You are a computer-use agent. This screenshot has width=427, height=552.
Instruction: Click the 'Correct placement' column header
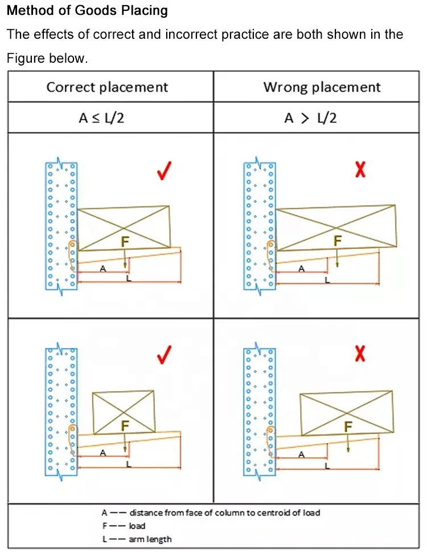(107, 87)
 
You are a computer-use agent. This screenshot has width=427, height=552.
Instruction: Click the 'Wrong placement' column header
(322, 87)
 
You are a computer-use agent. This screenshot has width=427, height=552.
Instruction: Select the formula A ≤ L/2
(101, 117)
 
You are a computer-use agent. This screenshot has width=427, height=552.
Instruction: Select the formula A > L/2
(311, 117)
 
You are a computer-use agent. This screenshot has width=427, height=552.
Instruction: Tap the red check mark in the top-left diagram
(164, 171)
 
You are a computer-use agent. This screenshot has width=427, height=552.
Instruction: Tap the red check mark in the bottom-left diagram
(164, 355)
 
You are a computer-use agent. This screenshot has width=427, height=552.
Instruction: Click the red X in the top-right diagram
(360, 170)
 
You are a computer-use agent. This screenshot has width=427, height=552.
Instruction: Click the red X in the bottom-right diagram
(360, 354)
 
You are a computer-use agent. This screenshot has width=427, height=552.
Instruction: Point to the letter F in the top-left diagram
(125, 242)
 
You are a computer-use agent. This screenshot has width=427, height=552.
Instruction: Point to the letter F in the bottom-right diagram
(348, 427)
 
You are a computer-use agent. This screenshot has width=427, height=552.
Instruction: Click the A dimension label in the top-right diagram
(301, 269)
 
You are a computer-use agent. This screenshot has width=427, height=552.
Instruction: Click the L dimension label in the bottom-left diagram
(129, 464)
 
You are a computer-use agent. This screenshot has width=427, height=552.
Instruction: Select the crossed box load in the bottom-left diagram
(124, 412)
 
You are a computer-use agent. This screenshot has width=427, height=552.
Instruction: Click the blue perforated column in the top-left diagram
(61, 226)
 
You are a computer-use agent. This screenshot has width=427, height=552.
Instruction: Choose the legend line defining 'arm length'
(137, 539)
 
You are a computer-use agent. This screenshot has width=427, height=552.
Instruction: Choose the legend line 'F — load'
(124, 526)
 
